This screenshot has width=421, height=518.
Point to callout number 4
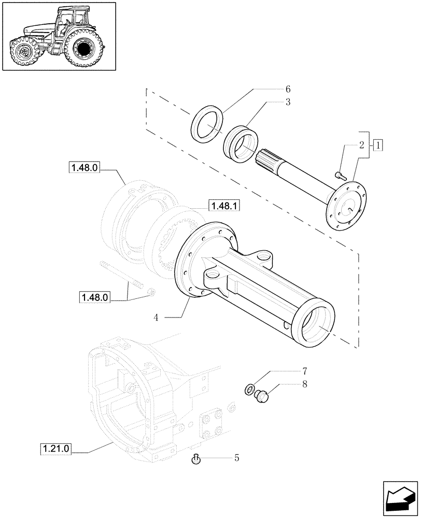tap(156, 317)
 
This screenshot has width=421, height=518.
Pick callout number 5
tap(237, 458)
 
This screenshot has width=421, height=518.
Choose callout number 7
tap(305, 371)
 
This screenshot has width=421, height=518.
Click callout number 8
tap(305, 384)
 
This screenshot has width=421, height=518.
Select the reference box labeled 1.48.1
tap(224, 206)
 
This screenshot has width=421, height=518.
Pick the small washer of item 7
tap(249, 388)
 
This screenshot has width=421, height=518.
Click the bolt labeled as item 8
tap(262, 398)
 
